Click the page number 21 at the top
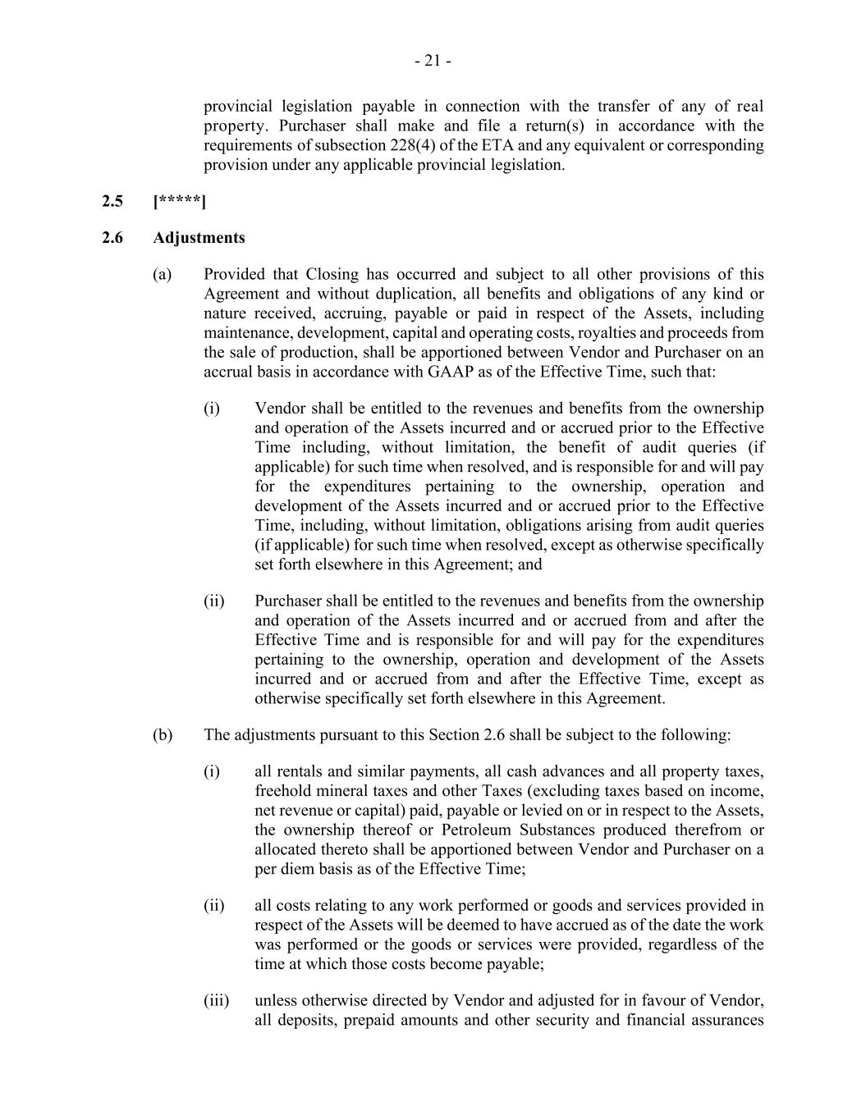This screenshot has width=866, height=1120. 433,61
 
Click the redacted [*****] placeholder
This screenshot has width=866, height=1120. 180,201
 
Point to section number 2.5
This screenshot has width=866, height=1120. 112,201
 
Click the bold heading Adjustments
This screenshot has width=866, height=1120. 199,238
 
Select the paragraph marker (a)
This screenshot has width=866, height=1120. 162,274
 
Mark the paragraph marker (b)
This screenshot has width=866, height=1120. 162,734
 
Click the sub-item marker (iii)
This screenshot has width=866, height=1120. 217,1001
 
